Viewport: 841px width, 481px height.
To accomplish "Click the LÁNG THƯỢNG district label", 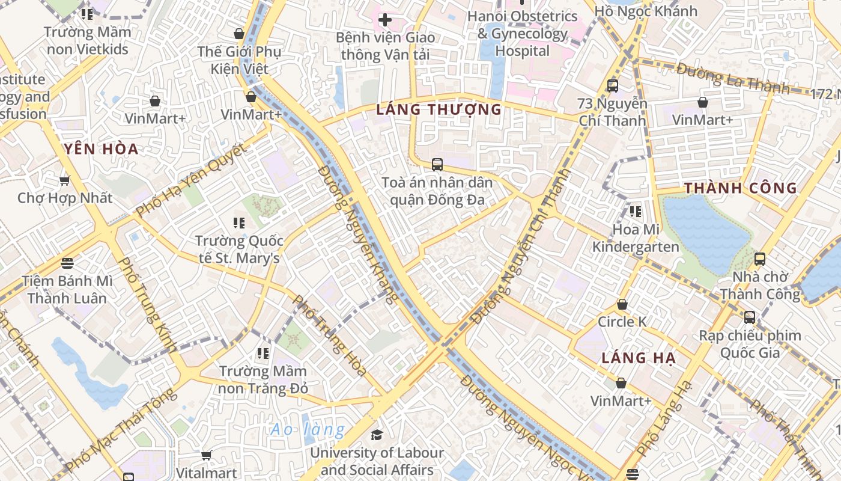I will (x=439, y=109).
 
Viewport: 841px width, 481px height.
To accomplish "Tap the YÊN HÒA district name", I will (x=101, y=149).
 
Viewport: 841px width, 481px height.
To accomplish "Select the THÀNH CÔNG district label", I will (x=741, y=188).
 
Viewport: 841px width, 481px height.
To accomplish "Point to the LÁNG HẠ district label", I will (x=639, y=358).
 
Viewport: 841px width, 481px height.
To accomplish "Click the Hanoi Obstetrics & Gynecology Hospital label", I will (x=523, y=34).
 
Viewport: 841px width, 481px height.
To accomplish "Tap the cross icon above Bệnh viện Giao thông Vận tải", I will (x=384, y=20).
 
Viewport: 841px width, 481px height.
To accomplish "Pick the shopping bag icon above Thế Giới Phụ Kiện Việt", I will (x=239, y=34).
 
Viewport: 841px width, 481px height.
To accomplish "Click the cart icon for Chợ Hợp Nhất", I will (x=65, y=180).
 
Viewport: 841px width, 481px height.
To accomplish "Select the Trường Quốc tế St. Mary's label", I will (x=239, y=250).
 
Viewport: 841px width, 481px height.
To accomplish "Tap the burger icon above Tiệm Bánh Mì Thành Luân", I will (x=67, y=263).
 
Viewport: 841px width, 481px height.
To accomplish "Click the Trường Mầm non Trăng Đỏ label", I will (x=263, y=379).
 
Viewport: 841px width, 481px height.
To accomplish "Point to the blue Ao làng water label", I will (x=308, y=429).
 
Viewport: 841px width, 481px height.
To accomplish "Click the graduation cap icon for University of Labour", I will (x=377, y=435).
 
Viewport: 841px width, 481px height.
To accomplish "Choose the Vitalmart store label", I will (x=207, y=473).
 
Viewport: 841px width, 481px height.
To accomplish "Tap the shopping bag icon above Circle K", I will (x=622, y=304).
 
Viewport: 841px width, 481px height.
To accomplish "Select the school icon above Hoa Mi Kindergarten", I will (x=636, y=212).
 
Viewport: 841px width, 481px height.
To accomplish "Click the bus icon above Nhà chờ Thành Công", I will (x=760, y=259).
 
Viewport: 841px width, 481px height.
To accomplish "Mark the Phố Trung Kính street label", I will (x=147, y=305).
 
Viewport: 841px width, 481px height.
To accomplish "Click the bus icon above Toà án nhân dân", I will (x=437, y=164).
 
